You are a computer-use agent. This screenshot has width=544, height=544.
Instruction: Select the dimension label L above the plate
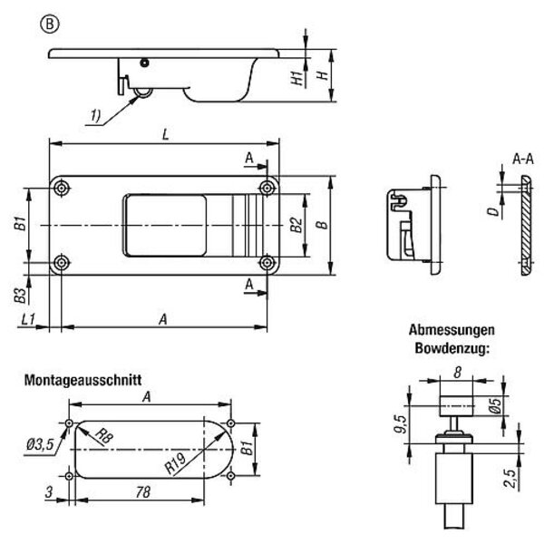point(163,134)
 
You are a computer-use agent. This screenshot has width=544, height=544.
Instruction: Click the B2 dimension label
point(295,226)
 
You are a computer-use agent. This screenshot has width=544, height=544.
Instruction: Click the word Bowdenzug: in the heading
point(450,346)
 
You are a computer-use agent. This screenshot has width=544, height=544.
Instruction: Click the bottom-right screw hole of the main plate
point(267,263)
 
